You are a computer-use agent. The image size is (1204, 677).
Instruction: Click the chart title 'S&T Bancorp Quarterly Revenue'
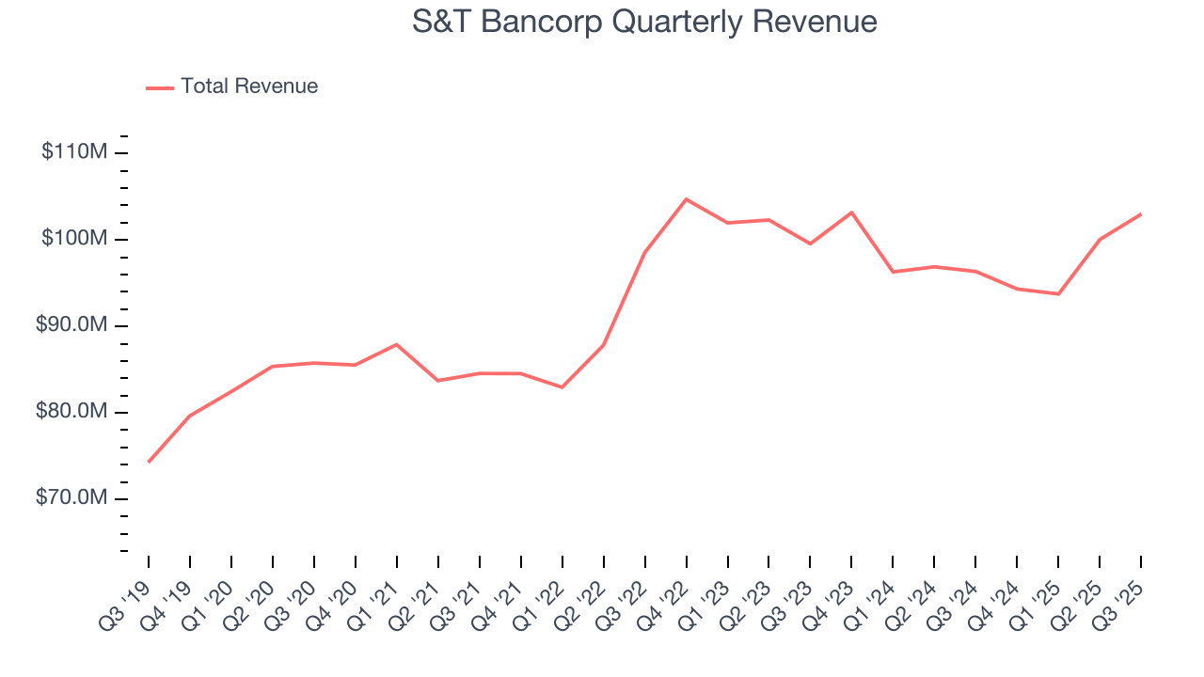click(644, 22)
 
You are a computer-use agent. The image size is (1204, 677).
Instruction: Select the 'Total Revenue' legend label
click(249, 87)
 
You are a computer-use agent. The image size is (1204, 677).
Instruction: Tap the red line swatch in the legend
click(160, 87)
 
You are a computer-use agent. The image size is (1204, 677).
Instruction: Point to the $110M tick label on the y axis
click(73, 152)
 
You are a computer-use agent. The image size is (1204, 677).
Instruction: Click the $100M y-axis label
click(73, 239)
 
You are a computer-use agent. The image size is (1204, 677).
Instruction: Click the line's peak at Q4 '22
click(687, 199)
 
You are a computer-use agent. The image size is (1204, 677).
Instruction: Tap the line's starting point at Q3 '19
click(149, 462)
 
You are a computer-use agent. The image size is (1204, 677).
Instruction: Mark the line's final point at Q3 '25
click(1141, 214)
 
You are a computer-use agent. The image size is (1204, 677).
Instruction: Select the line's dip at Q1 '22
click(562, 387)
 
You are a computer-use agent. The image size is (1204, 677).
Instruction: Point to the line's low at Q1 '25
click(1058, 294)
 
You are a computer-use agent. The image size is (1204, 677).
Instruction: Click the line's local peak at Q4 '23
click(852, 213)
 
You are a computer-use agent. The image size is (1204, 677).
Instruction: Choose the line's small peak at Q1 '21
click(397, 344)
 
